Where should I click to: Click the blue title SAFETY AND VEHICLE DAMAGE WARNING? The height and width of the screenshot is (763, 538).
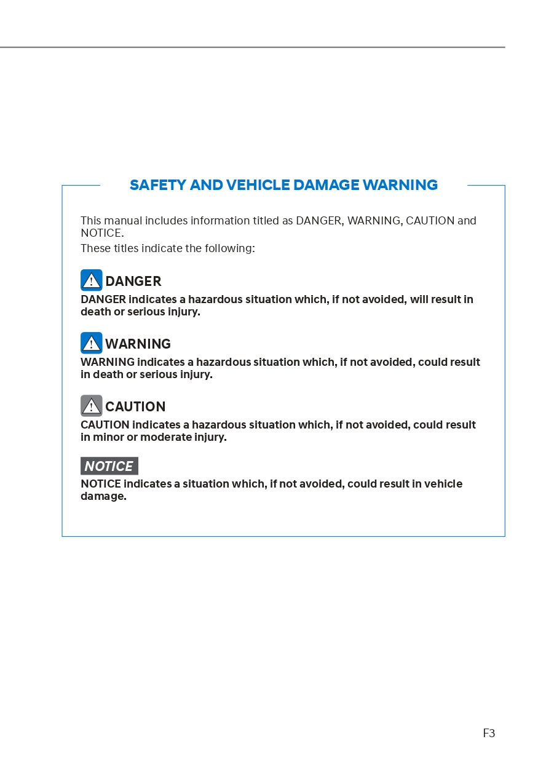click(283, 185)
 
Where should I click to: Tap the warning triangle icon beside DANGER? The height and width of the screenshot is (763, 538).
click(92, 280)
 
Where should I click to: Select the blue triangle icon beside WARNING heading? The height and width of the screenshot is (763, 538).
click(92, 343)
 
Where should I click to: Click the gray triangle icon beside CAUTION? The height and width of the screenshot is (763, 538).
click(92, 406)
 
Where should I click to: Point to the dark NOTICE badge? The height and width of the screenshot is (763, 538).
click(109, 466)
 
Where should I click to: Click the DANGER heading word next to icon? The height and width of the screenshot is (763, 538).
click(133, 282)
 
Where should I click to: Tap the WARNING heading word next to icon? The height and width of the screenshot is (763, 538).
click(138, 344)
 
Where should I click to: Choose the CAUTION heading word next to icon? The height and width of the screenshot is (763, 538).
click(135, 407)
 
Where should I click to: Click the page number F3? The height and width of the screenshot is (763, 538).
click(489, 733)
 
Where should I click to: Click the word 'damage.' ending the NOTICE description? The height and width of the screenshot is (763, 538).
click(103, 496)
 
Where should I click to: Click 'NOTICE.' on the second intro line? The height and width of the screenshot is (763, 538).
click(102, 233)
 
